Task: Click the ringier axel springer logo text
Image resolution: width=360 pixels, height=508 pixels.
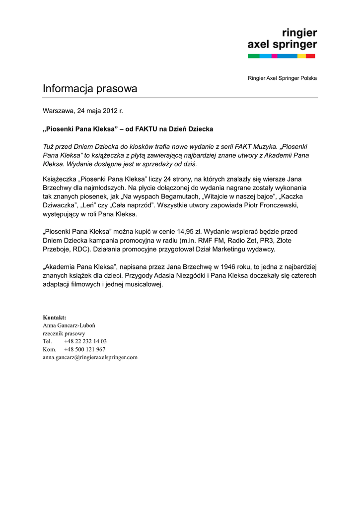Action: (x=282, y=39)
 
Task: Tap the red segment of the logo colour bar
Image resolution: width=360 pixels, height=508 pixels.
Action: (x=311, y=56)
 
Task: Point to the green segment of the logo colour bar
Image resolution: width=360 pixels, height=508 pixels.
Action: (x=253, y=56)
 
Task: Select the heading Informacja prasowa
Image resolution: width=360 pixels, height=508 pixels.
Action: (x=90, y=89)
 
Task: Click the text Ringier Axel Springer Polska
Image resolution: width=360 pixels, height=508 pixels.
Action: (x=282, y=78)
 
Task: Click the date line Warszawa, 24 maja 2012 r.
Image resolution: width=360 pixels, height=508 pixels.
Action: (x=82, y=111)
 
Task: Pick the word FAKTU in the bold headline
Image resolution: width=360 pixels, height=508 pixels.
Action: (x=147, y=129)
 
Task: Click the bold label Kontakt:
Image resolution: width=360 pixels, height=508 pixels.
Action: (x=54, y=317)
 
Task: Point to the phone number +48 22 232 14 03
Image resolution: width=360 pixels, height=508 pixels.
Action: (x=85, y=341)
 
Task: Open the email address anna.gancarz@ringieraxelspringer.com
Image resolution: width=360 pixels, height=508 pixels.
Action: (x=90, y=357)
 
